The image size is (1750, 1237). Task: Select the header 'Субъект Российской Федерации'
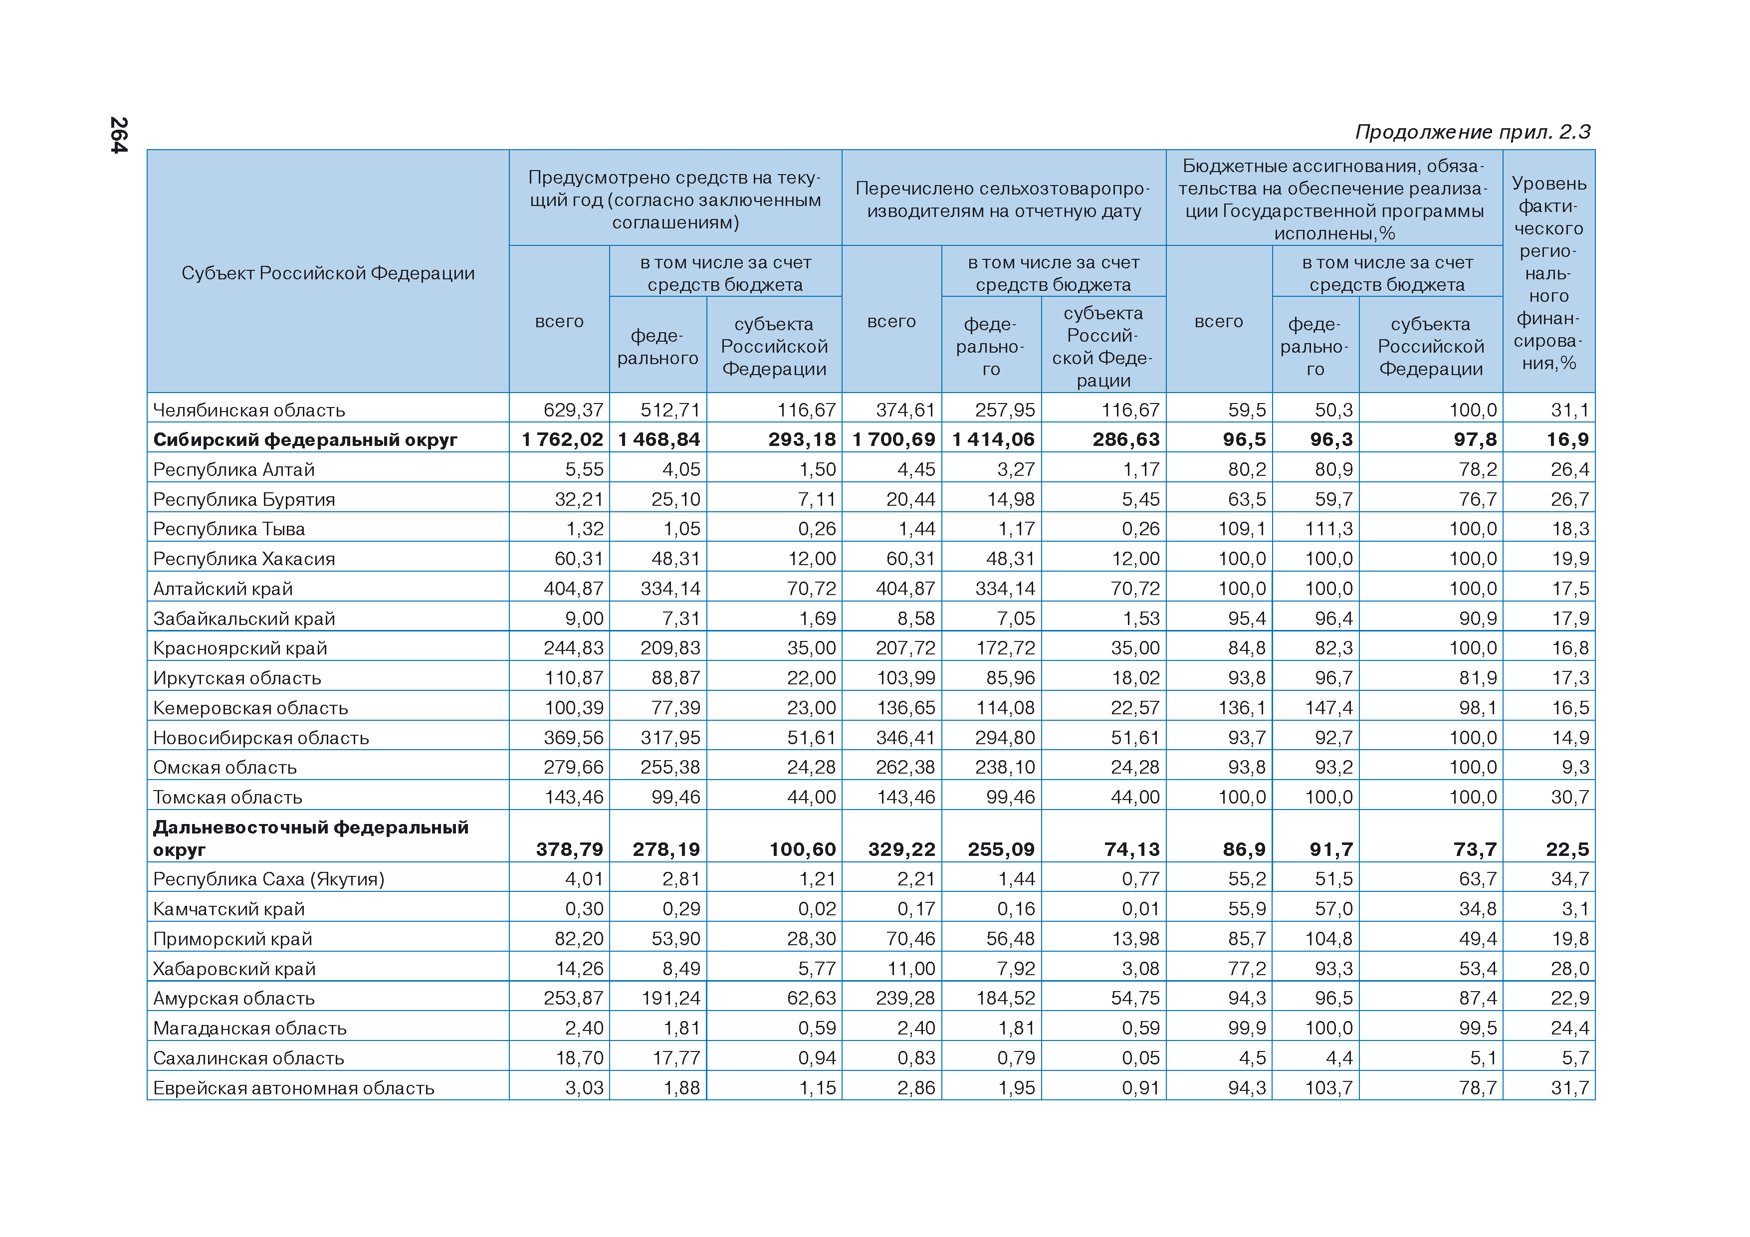(x=328, y=273)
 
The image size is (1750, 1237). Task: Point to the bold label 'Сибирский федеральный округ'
(x=305, y=440)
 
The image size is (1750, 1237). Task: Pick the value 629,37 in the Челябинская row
(x=573, y=410)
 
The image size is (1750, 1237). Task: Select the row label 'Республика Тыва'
(x=228, y=529)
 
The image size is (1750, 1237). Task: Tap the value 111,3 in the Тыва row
(x=1328, y=529)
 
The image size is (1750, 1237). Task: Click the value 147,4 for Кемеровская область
(x=1328, y=708)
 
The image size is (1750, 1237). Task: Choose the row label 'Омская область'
(x=225, y=768)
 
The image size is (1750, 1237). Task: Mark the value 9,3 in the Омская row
(x=1575, y=768)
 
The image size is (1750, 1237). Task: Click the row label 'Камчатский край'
(x=228, y=909)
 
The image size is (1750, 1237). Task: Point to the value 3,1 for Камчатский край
(x=1575, y=909)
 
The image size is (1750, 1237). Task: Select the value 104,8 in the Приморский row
(x=1328, y=939)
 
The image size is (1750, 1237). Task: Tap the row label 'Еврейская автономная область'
(x=293, y=1088)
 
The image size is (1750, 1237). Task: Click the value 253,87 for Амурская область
(x=573, y=999)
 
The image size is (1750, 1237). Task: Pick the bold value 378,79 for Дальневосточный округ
(x=569, y=850)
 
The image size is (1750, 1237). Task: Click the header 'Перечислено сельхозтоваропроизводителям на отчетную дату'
(x=1003, y=199)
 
